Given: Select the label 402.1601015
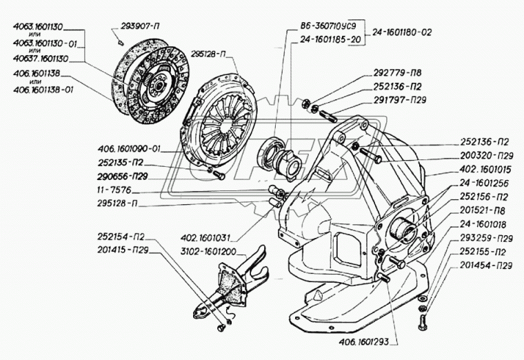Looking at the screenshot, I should [484, 169].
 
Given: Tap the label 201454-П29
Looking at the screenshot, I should [485, 265].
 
